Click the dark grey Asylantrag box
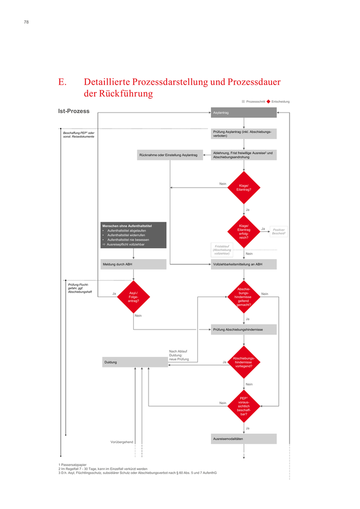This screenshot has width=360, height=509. [x=244, y=113]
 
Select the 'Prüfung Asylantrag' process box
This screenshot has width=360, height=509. [x=244, y=134]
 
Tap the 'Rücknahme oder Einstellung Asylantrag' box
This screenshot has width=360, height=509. [x=170, y=155]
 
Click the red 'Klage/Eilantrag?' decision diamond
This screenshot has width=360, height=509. [x=244, y=188]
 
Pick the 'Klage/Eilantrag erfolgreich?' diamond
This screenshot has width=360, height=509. [x=244, y=232]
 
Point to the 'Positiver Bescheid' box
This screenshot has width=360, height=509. [x=279, y=232]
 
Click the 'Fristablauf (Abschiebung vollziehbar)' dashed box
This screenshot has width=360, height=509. [x=222, y=250]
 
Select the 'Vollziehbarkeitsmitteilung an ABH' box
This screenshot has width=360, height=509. [x=244, y=264]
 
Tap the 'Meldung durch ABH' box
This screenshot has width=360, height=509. [x=134, y=264]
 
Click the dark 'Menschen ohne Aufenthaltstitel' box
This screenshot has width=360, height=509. [x=134, y=235]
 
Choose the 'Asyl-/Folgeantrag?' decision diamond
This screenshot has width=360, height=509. [x=133, y=297]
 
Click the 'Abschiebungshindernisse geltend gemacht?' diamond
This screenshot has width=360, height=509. [x=244, y=297]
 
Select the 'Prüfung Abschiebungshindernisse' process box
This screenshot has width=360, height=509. [x=244, y=330]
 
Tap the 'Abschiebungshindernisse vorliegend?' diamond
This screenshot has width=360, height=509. [x=244, y=362]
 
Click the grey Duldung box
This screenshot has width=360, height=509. [x=135, y=362]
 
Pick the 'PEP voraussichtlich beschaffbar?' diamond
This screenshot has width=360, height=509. [x=244, y=406]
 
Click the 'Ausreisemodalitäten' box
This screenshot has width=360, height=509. [x=244, y=439]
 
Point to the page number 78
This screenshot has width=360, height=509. [x=26, y=22]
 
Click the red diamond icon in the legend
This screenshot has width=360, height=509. [x=268, y=102]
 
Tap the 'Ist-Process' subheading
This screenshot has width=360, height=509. [x=74, y=111]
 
